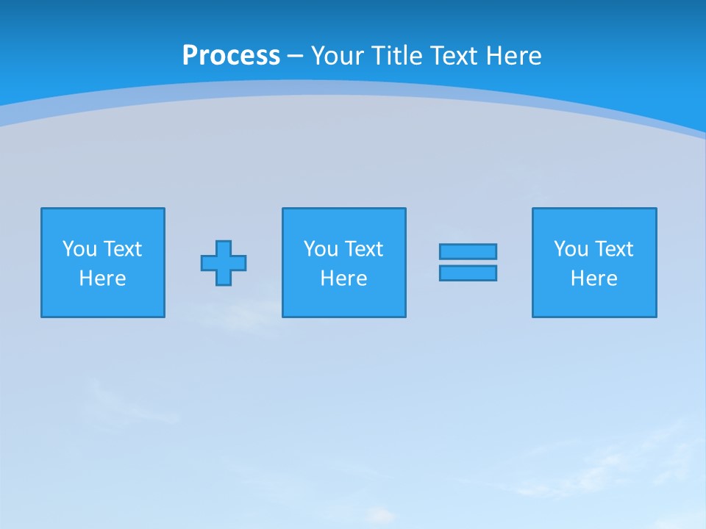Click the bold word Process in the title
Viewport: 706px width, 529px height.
coord(231,56)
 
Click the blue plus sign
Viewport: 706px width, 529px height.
coord(224,263)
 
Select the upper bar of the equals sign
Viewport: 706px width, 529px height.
coord(468,251)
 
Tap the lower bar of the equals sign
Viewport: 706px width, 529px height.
coord(468,273)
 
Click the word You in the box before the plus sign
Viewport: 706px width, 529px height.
coord(80,249)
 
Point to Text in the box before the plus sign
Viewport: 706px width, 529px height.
coord(122,249)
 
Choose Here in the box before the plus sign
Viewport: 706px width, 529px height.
coord(102,278)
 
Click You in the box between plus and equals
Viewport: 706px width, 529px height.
coord(321,249)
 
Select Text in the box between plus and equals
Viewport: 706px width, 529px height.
coord(363,249)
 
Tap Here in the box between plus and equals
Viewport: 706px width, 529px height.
coord(343,278)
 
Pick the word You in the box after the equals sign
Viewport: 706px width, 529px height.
coord(571,249)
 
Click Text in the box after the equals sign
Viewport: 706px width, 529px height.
coord(613,249)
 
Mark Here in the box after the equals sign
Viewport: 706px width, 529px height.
coord(593,278)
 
